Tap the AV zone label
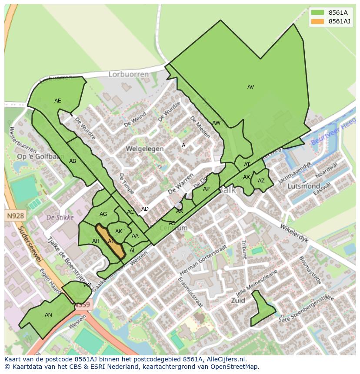pyautogui.click(x=250, y=87)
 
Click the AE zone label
pyautogui.click(x=58, y=101)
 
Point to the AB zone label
pyautogui.click(x=73, y=161)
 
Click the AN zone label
pyautogui.click(x=48, y=315)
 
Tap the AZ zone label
pyautogui.click(x=261, y=181)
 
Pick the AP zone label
pyautogui.click(x=206, y=189)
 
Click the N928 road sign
pyautogui.click(x=16, y=215)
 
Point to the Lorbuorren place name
pyautogui.click(x=128, y=74)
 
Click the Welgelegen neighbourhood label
pyautogui.click(x=145, y=149)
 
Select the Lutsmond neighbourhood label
pyautogui.click(x=304, y=186)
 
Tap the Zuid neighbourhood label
pyautogui.click(x=238, y=300)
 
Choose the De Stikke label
pyautogui.click(x=60, y=217)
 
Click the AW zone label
pyautogui.click(x=216, y=123)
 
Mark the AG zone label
pyautogui.click(x=103, y=214)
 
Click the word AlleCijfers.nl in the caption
pyautogui.click(x=226, y=359)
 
